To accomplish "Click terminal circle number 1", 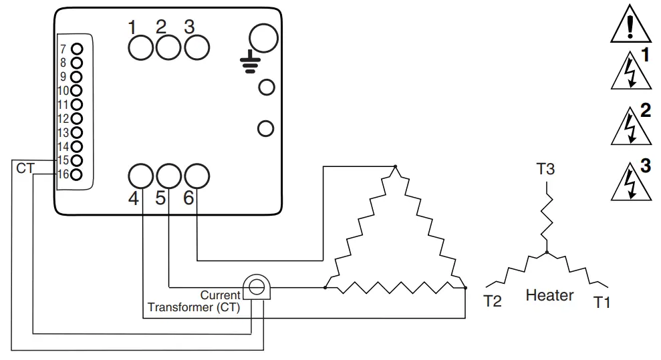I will (141, 47).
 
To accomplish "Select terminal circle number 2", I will (168, 47).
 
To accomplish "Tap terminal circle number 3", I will (196, 47).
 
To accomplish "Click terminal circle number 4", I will (141, 177).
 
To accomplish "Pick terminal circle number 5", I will (168, 177).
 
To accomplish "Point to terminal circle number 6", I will (196, 177).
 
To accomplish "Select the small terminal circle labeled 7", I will (77, 49).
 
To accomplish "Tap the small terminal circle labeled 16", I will (77, 174).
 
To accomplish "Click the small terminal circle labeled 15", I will (77, 160).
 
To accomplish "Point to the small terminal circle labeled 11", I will (77, 104).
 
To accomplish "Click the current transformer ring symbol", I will (255, 288).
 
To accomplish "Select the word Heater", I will (549, 295).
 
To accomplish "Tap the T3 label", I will (545, 169).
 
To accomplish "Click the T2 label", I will (492, 302).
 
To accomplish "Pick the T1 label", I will (602, 303).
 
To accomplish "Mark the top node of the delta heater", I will (395, 166).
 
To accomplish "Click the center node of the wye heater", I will (547, 252).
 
